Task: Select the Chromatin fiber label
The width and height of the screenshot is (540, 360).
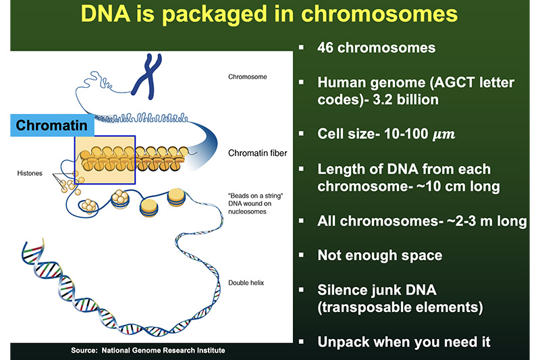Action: tap(258, 153)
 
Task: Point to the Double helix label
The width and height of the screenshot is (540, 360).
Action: tap(247, 282)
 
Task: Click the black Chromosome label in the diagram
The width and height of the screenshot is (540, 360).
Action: tap(248, 77)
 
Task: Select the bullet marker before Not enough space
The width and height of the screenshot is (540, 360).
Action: tap(301, 256)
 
